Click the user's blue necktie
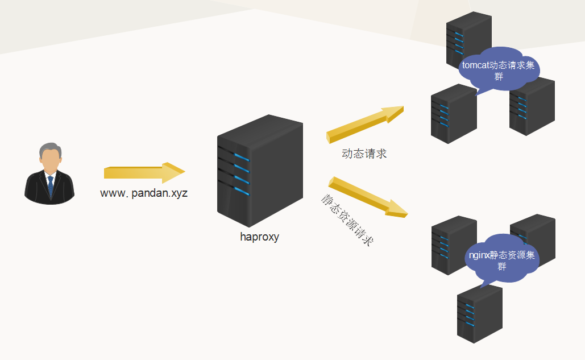pyautogui.click(x=51, y=185)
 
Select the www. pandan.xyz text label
pyautogui.click(x=144, y=193)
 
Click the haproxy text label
pyautogui.click(x=259, y=237)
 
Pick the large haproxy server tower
pyautogui.click(x=260, y=171)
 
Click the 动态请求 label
pyautogui.click(x=364, y=154)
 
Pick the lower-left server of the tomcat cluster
pyautogui.click(x=453, y=114)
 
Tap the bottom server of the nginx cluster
pyautogui.click(x=479, y=315)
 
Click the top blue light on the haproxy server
pyautogui.click(x=242, y=157)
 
